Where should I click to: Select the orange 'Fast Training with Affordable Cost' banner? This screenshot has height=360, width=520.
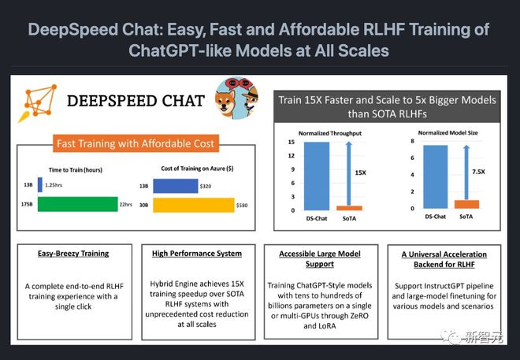(136, 144)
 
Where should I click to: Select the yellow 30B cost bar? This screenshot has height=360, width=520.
(193, 205)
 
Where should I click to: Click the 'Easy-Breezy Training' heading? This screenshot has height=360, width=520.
(73, 254)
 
